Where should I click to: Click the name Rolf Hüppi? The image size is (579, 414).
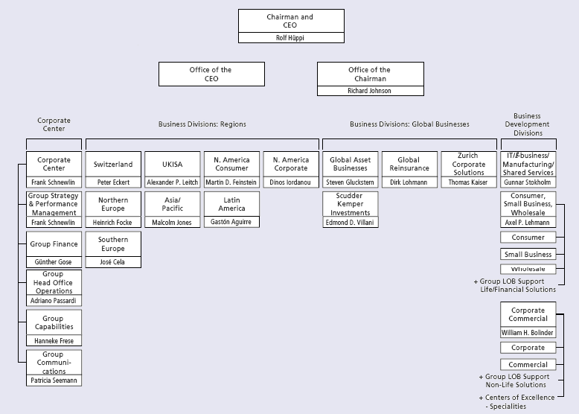[x=291, y=38]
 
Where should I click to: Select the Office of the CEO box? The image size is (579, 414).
[x=211, y=74]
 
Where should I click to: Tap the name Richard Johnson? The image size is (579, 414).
[x=370, y=91]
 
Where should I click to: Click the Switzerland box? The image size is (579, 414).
[x=113, y=165]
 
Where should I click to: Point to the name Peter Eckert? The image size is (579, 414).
[x=113, y=182]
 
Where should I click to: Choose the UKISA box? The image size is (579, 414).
[x=172, y=165]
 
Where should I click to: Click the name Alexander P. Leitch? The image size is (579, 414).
[x=172, y=182]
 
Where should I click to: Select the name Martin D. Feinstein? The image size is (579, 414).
[x=231, y=182]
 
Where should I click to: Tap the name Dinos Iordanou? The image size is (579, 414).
[x=291, y=182]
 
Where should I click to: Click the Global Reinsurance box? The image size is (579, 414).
[x=409, y=165]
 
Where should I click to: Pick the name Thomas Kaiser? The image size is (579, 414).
[x=468, y=182]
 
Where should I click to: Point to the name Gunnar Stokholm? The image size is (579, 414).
[x=528, y=182]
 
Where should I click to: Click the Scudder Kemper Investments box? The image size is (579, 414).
[x=351, y=204]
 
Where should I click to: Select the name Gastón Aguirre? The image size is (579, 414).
[x=231, y=222]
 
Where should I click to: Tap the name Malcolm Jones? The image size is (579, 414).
[x=172, y=223]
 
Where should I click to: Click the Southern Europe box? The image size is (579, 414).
[x=113, y=244]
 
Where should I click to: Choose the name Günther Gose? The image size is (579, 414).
[x=54, y=262]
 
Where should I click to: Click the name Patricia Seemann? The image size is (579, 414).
[x=54, y=380]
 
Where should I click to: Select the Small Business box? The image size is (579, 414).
[x=528, y=255]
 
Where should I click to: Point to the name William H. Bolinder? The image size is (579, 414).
[x=528, y=333]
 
